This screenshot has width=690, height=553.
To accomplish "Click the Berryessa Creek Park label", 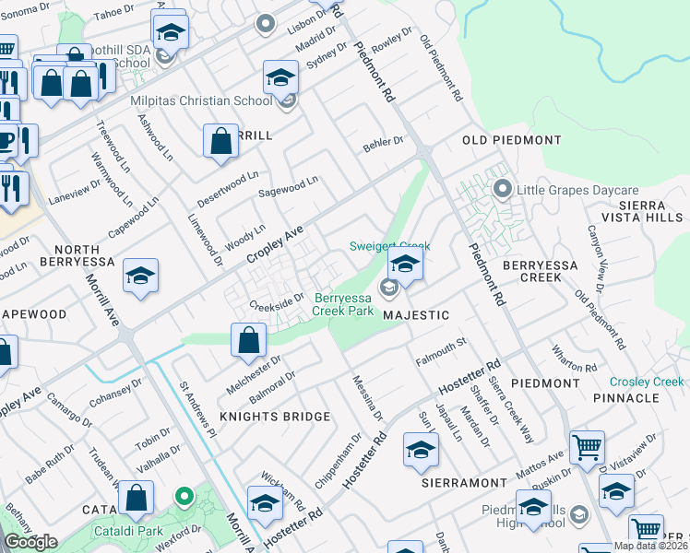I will click(x=344, y=304).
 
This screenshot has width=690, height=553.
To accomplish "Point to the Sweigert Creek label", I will click(x=389, y=246).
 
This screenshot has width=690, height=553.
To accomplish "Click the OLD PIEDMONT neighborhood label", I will click(x=511, y=140).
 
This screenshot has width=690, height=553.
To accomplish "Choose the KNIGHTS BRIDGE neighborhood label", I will click(x=275, y=417).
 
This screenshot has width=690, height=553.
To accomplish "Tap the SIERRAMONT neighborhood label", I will click(x=464, y=483).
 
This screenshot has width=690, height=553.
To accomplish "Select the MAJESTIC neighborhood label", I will click(x=416, y=315).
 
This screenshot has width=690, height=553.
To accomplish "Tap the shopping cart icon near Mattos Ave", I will click(x=587, y=447).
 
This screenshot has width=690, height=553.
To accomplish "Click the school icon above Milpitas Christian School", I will click(x=280, y=76).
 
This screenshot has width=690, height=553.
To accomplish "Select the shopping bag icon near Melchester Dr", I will click(x=249, y=339).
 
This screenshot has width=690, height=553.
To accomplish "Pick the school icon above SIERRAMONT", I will click(x=421, y=450).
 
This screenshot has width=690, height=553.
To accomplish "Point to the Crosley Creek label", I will click(x=646, y=382).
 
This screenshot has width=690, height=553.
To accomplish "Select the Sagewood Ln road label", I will click(x=288, y=186).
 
